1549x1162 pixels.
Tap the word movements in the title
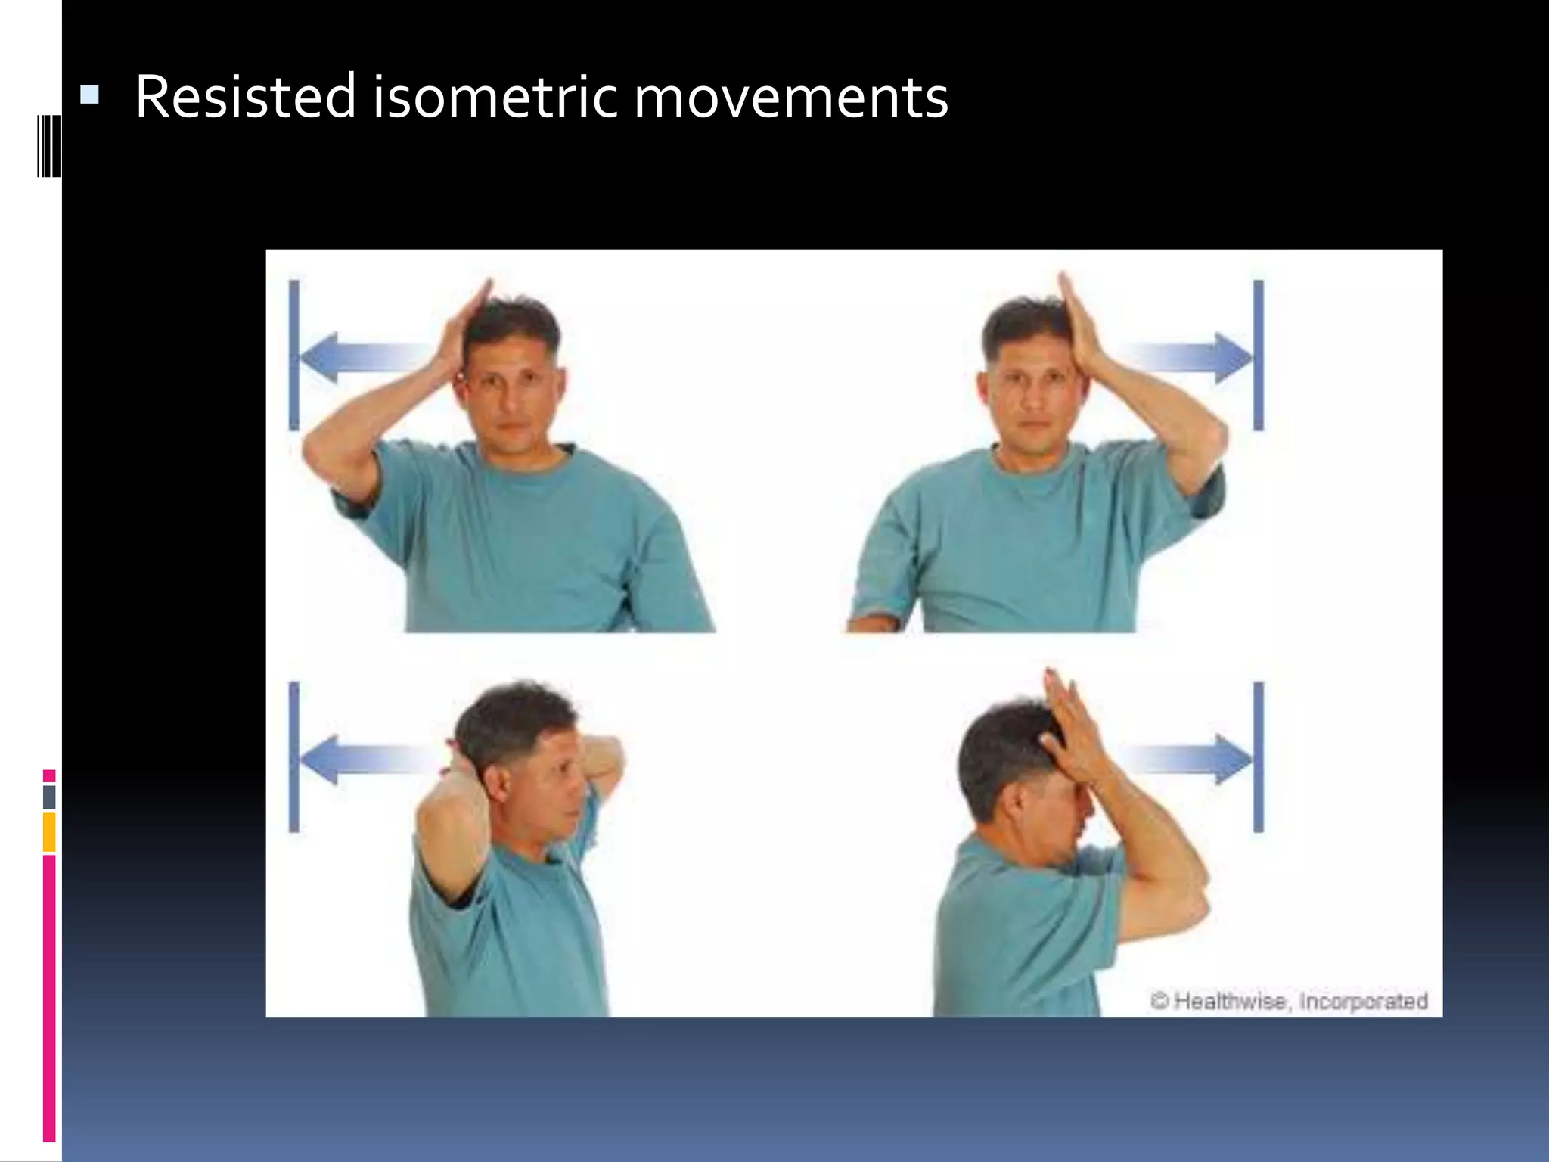[x=790, y=98]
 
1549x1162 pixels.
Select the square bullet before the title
[x=89, y=95]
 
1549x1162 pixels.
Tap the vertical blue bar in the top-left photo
[x=294, y=356]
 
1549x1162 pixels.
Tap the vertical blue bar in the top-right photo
[x=1259, y=356]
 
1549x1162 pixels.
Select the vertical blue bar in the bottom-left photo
[x=294, y=757]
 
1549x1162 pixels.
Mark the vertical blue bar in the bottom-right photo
[x=1259, y=757]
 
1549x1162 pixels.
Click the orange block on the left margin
[x=49, y=831]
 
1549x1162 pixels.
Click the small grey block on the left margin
[x=49, y=797]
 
